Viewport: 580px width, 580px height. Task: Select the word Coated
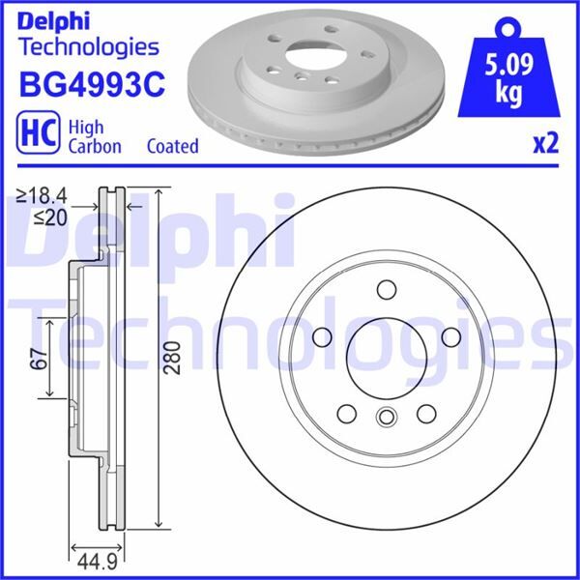tap(172, 147)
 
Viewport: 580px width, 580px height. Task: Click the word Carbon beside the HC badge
tap(94, 147)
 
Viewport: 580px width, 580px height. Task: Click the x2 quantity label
tap(545, 144)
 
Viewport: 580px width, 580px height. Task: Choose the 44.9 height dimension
tap(87, 560)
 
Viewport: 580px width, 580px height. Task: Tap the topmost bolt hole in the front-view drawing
tap(386, 289)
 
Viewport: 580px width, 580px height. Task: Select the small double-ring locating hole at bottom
tap(386, 418)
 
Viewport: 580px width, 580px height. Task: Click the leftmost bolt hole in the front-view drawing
tap(323, 335)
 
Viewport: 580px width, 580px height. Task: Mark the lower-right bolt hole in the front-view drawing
tap(425, 414)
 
